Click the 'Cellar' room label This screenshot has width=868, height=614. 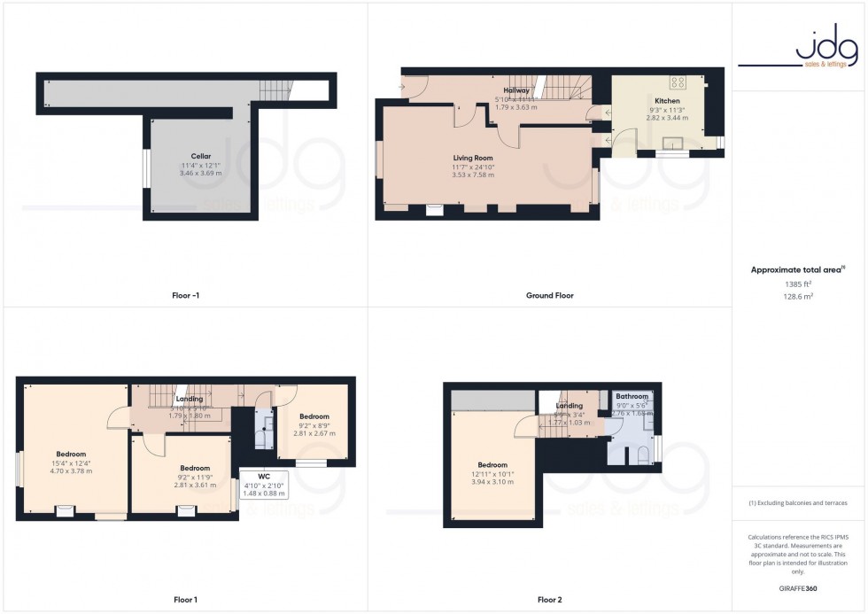click(200, 156)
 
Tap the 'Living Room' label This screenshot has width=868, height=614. click(473, 158)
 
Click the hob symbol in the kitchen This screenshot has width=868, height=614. click(679, 82)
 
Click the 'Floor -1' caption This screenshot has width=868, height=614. click(185, 295)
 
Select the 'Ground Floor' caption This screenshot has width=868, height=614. click(549, 295)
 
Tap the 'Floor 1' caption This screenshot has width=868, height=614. click(185, 600)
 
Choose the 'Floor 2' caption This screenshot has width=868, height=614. click(549, 600)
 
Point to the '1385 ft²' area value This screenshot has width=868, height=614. click(799, 284)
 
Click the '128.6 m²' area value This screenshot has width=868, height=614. click(799, 298)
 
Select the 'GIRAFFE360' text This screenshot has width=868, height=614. click(799, 588)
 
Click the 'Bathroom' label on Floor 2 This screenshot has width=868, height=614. click(632, 397)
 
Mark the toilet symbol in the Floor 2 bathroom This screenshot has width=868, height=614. click(639, 455)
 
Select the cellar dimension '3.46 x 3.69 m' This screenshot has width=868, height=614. click(200, 173)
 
